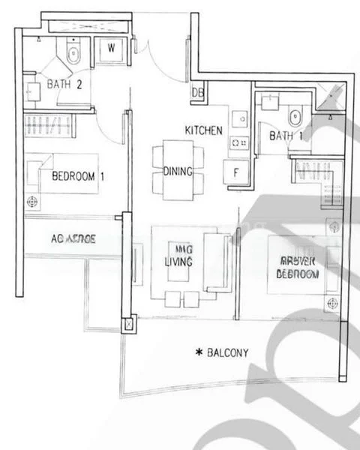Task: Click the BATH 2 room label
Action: point(64,84)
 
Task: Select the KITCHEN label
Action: point(203,130)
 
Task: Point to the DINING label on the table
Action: point(178,171)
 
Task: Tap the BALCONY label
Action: point(229,352)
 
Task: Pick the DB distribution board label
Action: point(198,92)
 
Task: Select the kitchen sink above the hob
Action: point(238,118)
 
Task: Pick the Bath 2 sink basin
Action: point(32,91)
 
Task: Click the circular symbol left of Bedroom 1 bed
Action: point(32,201)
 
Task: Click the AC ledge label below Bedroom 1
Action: point(73,239)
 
